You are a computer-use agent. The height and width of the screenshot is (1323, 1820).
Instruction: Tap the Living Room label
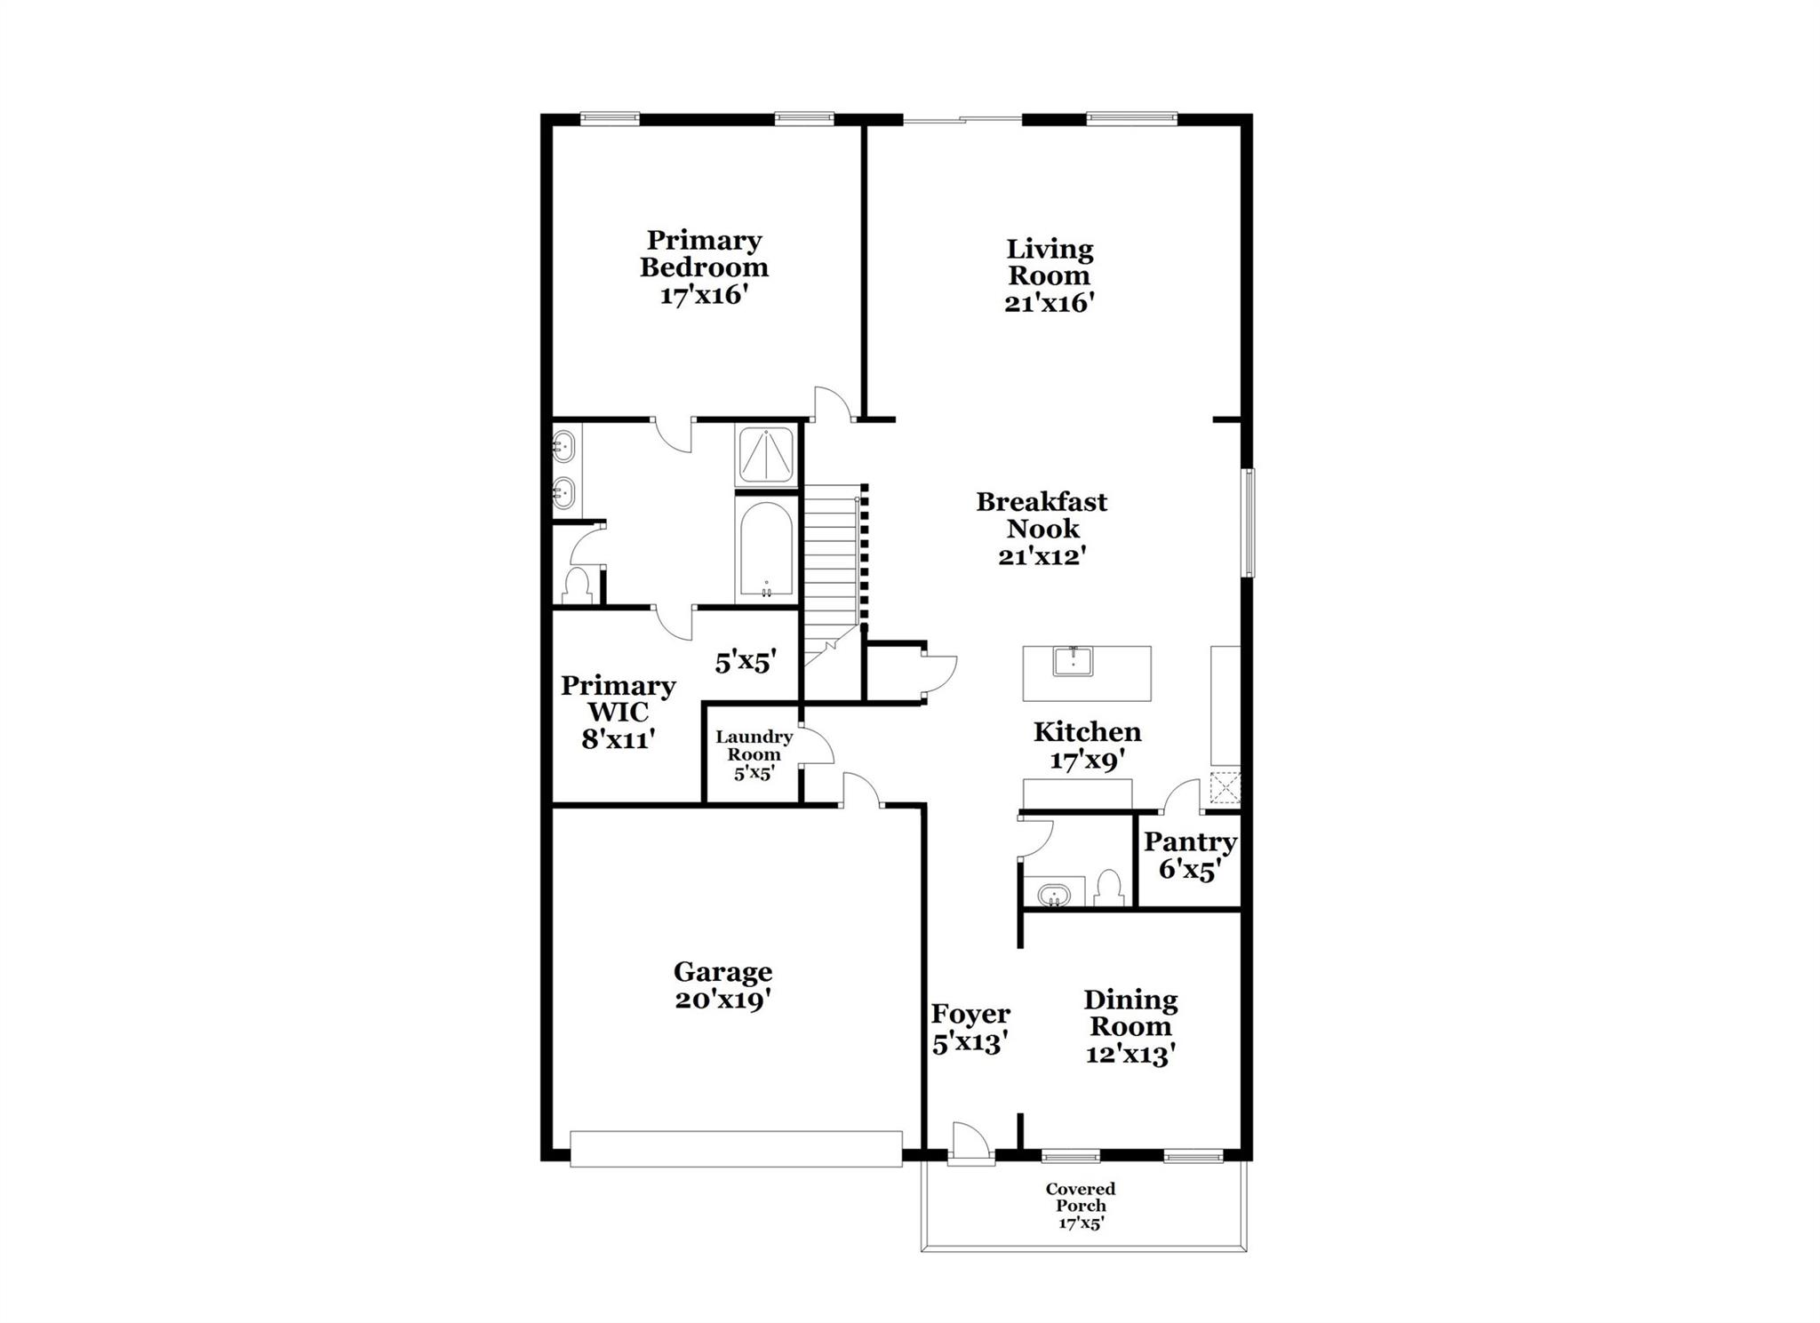[x=1049, y=262]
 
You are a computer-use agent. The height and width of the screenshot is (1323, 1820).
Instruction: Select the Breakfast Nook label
[x=1042, y=515]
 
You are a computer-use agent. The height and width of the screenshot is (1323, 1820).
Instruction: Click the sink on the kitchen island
[x=1074, y=662]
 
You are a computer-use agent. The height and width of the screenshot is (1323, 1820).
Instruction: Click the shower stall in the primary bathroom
[x=766, y=455]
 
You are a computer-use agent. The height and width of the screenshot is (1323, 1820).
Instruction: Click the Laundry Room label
[x=754, y=745]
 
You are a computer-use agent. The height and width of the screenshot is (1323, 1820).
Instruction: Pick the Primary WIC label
[x=618, y=698]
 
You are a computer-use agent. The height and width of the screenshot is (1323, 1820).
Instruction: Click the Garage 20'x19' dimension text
[x=722, y=1000]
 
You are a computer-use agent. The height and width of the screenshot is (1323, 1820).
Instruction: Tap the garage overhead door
[x=736, y=1148]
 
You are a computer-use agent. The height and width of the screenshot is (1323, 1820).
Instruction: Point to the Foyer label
[x=970, y=1014]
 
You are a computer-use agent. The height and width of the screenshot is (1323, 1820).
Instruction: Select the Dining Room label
[x=1130, y=1013]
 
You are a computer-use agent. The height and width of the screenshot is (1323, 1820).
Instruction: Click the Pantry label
[x=1190, y=841]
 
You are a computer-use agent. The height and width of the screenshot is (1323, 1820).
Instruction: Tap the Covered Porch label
[x=1081, y=1197]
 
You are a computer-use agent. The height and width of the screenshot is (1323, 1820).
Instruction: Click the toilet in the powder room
[x=1108, y=886]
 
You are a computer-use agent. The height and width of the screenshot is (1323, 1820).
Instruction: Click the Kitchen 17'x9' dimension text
[x=1088, y=761]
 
